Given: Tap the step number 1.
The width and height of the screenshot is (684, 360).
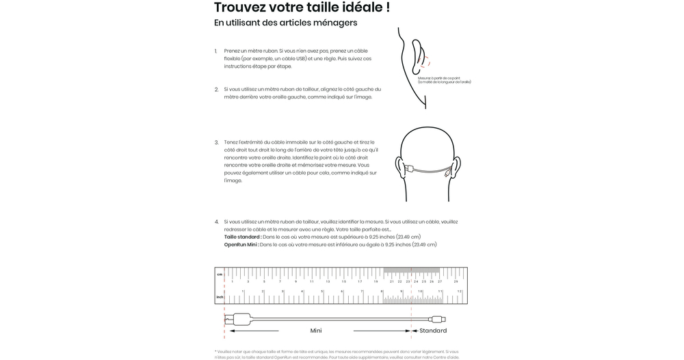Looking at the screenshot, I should [x=216, y=51].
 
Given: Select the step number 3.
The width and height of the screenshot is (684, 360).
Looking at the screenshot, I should [x=216, y=142].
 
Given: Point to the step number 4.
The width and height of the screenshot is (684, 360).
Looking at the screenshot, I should [x=216, y=222].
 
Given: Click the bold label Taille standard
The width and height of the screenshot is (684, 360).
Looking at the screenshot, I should [x=242, y=237].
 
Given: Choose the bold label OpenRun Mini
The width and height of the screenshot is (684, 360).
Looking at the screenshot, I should [x=241, y=244].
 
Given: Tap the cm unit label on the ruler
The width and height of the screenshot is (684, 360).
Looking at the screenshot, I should [x=220, y=274].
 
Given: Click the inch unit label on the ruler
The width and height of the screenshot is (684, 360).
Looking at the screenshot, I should [x=220, y=297].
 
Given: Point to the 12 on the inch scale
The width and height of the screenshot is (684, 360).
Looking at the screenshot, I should [x=460, y=292].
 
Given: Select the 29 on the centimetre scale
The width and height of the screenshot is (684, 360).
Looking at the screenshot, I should [x=456, y=281].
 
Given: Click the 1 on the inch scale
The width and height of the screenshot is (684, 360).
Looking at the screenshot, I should [x=243, y=292].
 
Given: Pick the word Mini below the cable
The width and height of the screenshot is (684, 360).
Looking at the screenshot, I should [x=316, y=331].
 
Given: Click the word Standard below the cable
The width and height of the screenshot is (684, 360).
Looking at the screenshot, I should [x=433, y=331].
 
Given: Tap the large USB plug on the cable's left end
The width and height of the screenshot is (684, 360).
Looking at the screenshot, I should [x=241, y=319].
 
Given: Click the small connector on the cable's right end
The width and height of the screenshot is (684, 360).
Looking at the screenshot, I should [x=438, y=319].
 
